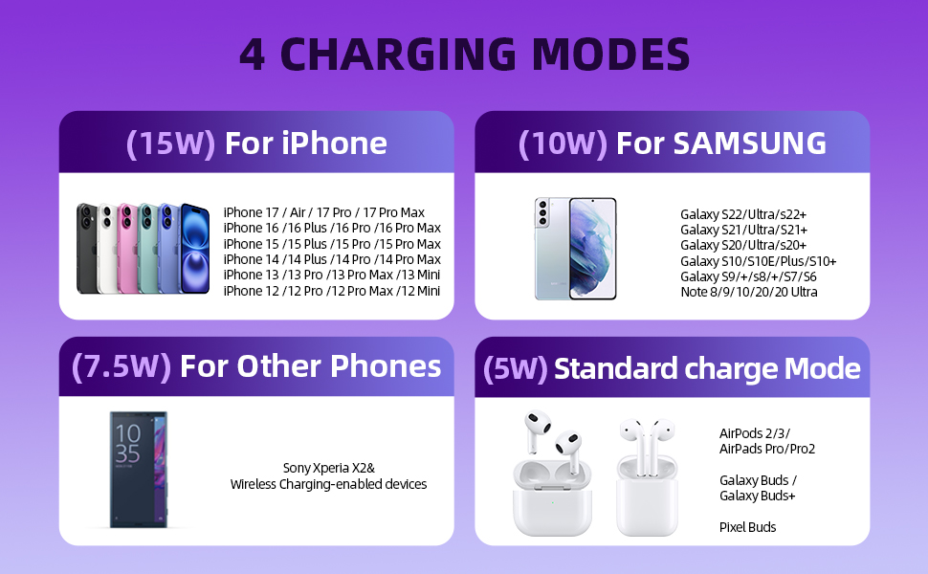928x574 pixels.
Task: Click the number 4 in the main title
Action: tap(253, 55)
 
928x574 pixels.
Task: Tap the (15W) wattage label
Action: tap(169, 143)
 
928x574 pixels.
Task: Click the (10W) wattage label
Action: tap(563, 143)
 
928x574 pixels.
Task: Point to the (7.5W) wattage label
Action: tap(121, 366)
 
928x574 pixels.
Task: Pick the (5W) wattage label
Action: tap(515, 369)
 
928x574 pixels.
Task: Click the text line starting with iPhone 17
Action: tap(323, 212)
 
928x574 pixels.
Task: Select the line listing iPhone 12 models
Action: tap(331, 290)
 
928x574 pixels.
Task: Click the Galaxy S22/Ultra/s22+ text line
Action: tap(742, 214)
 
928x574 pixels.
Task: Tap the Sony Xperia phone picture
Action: tap(138, 469)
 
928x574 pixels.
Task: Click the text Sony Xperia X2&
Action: tap(328, 469)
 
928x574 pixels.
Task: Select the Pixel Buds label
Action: tap(747, 527)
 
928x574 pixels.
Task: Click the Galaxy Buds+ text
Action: tap(757, 496)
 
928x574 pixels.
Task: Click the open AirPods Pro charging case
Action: tap(546, 496)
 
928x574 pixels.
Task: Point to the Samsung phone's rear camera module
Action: tap(543, 213)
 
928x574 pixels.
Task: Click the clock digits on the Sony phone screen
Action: tap(127, 443)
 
